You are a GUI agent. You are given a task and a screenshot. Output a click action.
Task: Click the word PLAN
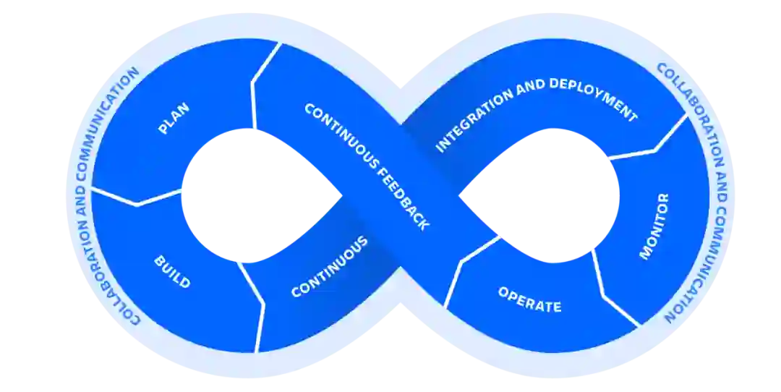174,119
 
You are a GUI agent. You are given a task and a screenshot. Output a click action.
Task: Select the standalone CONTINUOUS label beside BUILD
330,267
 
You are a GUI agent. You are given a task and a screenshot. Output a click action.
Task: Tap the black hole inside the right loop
542,195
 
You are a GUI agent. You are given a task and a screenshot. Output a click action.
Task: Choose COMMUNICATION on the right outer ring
700,250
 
